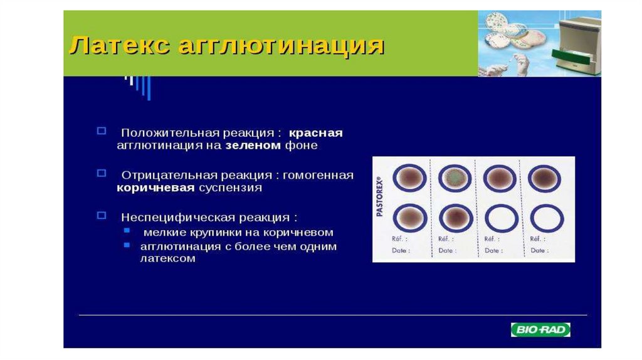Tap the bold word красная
pyautogui.click(x=316, y=133)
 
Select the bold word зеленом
pyautogui.click(x=253, y=146)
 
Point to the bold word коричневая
pyautogui.click(x=155, y=188)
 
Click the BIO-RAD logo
pyautogui.click(x=540, y=330)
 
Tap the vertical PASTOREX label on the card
pyautogui.click(x=379, y=196)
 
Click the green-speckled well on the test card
pyautogui.click(x=455, y=178)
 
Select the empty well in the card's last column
pyautogui.click(x=547, y=219)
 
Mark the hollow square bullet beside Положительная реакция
pyautogui.click(x=101, y=131)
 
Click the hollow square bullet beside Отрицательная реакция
pyautogui.click(x=101, y=173)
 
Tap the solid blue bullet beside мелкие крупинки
pyautogui.click(x=127, y=231)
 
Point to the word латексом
pyautogui.click(x=168, y=259)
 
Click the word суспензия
pyautogui.click(x=231, y=188)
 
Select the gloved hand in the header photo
pyautogui.click(x=521, y=64)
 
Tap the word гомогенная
pyautogui.click(x=318, y=175)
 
